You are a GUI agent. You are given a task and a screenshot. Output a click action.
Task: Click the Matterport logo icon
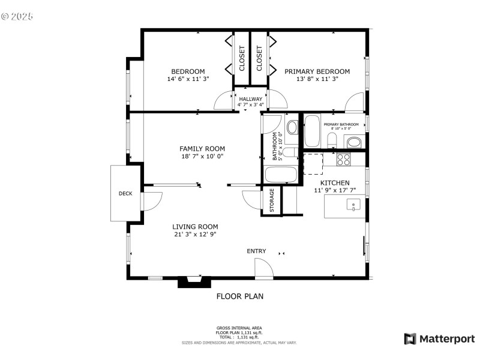pos(410,339)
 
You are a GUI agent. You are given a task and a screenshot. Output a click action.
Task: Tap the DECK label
pos(125,193)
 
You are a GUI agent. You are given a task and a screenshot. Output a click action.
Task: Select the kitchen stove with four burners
pos(344,159)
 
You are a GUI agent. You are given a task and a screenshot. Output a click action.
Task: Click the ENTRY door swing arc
pos(263,268)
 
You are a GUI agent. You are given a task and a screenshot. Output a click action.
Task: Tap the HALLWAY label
pos(251,99)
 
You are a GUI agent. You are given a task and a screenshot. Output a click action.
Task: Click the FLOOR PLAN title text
pos(239,296)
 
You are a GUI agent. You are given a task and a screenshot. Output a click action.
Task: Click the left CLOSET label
pos(242,58)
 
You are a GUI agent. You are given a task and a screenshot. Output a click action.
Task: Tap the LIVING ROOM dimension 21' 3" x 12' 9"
pos(194,234)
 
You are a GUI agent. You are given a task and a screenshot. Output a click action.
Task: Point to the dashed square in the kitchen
pos(313,163)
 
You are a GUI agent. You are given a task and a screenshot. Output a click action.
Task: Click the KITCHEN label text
pos(335,183)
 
